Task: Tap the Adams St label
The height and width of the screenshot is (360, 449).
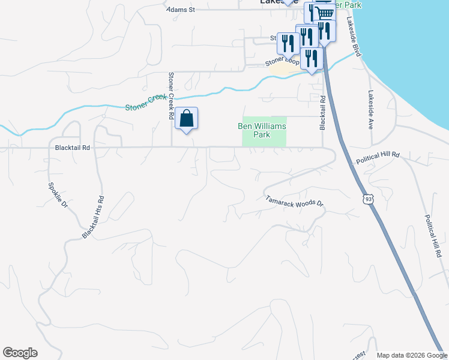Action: point(182,10)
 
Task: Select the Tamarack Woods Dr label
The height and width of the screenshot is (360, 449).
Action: point(294,202)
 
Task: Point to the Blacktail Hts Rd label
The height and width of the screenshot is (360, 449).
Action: point(94,215)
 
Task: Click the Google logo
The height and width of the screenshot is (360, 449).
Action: point(20,353)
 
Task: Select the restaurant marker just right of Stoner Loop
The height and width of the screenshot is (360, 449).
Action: point(312,59)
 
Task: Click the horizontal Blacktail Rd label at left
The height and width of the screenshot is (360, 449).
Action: point(72,147)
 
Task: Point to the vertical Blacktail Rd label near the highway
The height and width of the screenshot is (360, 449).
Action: point(322,114)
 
